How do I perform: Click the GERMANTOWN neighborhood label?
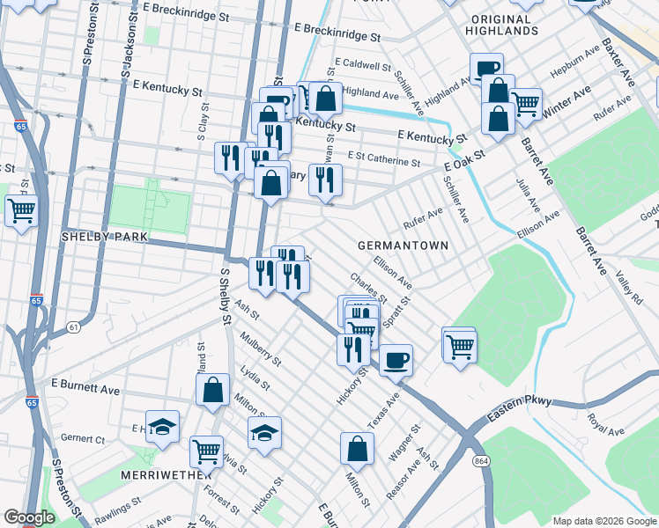(403, 245)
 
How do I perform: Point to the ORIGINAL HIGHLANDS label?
(504, 25)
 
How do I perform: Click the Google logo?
(28, 517)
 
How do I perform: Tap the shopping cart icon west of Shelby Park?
(21, 210)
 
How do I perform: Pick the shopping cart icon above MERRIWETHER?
(206, 451)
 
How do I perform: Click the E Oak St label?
(465, 160)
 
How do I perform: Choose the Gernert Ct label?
(83, 439)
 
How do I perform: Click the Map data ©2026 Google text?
(603, 520)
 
